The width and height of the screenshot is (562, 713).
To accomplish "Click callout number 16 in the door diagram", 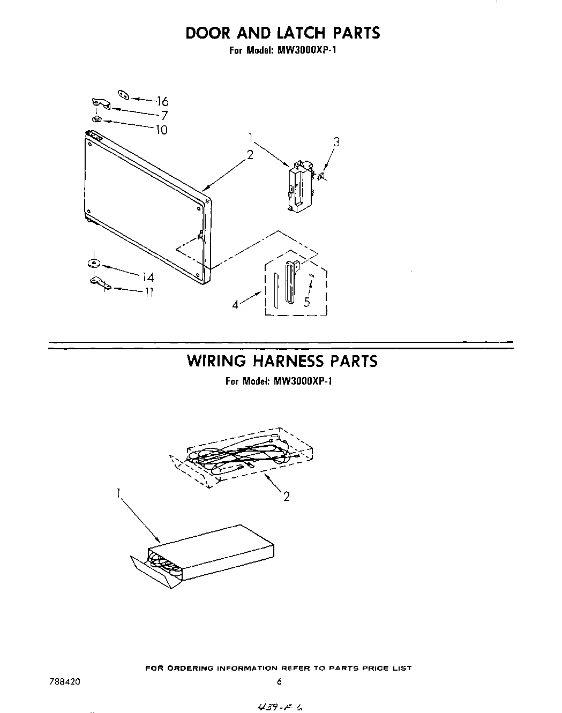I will click(x=163, y=101).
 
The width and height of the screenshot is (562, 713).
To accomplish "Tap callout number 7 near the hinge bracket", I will click(x=164, y=115).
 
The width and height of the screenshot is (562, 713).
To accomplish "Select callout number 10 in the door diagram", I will click(x=161, y=130).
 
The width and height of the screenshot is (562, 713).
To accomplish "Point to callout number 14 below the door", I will click(x=148, y=277).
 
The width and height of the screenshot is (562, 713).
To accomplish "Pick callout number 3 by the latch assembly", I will click(x=336, y=142).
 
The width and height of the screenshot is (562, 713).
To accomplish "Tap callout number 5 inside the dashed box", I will click(x=306, y=302).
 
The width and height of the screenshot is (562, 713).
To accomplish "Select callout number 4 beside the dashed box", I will click(x=235, y=304).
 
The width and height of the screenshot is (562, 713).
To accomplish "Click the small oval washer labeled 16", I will click(x=124, y=95).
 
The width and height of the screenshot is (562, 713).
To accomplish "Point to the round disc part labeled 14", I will click(x=94, y=263).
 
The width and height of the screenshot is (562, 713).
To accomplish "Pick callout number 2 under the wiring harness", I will click(x=287, y=497).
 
